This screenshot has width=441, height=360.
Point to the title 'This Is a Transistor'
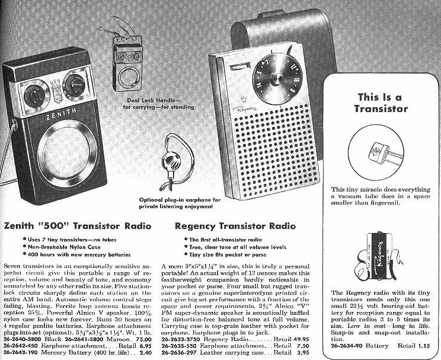pyautogui.click(x=381, y=103)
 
